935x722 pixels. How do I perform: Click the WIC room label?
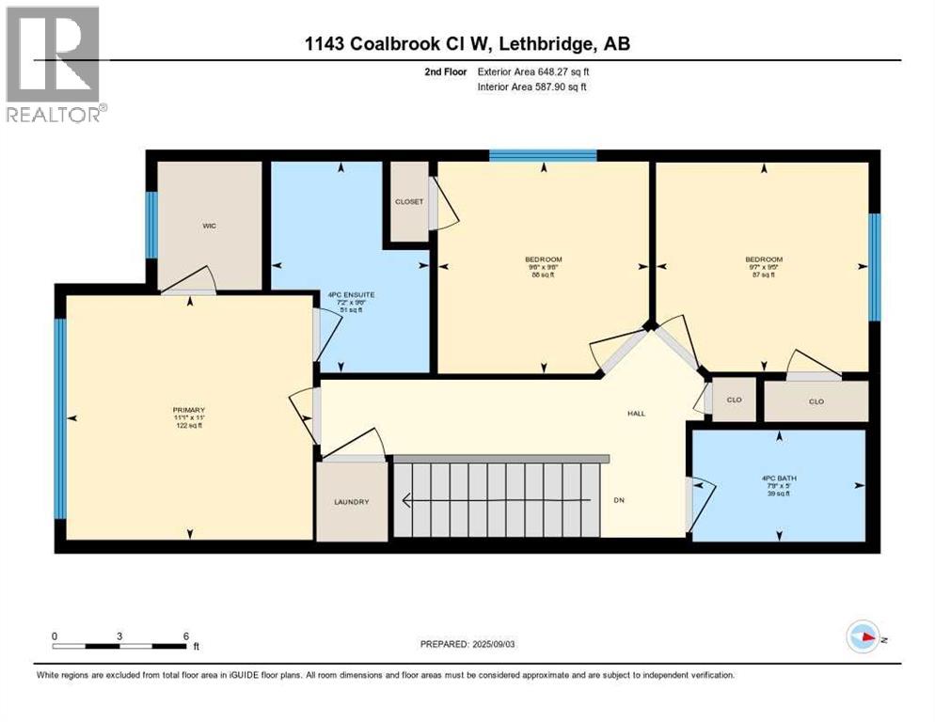pyautogui.click(x=210, y=227)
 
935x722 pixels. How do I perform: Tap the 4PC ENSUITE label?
pyautogui.click(x=351, y=295)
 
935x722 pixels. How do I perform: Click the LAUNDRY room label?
pyautogui.click(x=351, y=502)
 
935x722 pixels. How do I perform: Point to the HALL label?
pyautogui.click(x=637, y=414)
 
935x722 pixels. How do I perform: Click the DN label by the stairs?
pyautogui.click(x=619, y=500)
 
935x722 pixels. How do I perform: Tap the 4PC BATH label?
pyautogui.click(x=778, y=477)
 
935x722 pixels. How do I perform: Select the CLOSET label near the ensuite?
pyautogui.click(x=408, y=201)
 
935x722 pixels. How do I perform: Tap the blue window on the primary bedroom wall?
pyautogui.click(x=60, y=418)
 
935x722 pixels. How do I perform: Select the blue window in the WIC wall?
pyautogui.click(x=151, y=225)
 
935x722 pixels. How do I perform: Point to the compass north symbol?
pyautogui.click(x=863, y=636)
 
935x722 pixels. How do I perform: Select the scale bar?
pyautogui.click(x=119, y=646)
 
